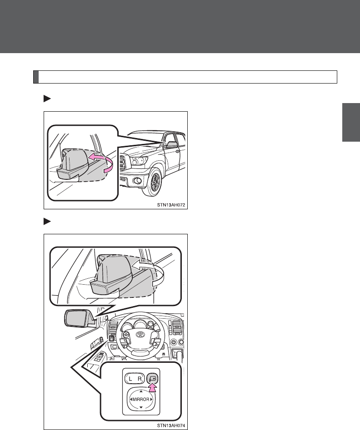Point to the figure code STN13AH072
pyautogui.click(x=171, y=205)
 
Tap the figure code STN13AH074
pyautogui.click(x=171, y=425)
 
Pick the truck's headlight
pyautogui.click(x=139, y=161)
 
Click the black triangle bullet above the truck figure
pyautogui.click(x=47, y=99)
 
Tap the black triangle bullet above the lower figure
pyautogui.click(x=47, y=221)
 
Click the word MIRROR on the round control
pyautogui.click(x=141, y=399)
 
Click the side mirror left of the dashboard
pyautogui.click(x=78, y=318)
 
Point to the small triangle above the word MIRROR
pyautogui.click(x=141, y=391)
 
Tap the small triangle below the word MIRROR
pyautogui.click(x=141, y=407)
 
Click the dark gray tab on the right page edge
pyautogui.click(x=351, y=122)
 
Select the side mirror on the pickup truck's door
pyautogui.click(x=172, y=144)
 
